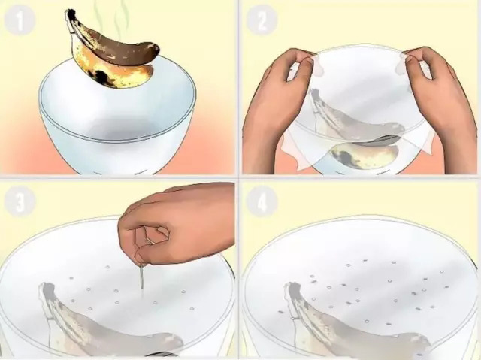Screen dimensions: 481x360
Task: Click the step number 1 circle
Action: click(20, 20)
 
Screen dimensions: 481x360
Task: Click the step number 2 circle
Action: click(262, 20)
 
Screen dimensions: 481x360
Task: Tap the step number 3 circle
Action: click(20, 201)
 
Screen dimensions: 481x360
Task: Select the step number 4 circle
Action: click(262, 201)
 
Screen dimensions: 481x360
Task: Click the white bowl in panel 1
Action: click(118, 123)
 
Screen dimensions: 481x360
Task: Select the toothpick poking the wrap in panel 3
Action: click(141, 277)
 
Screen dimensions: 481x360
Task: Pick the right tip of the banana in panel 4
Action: click(426, 340)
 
